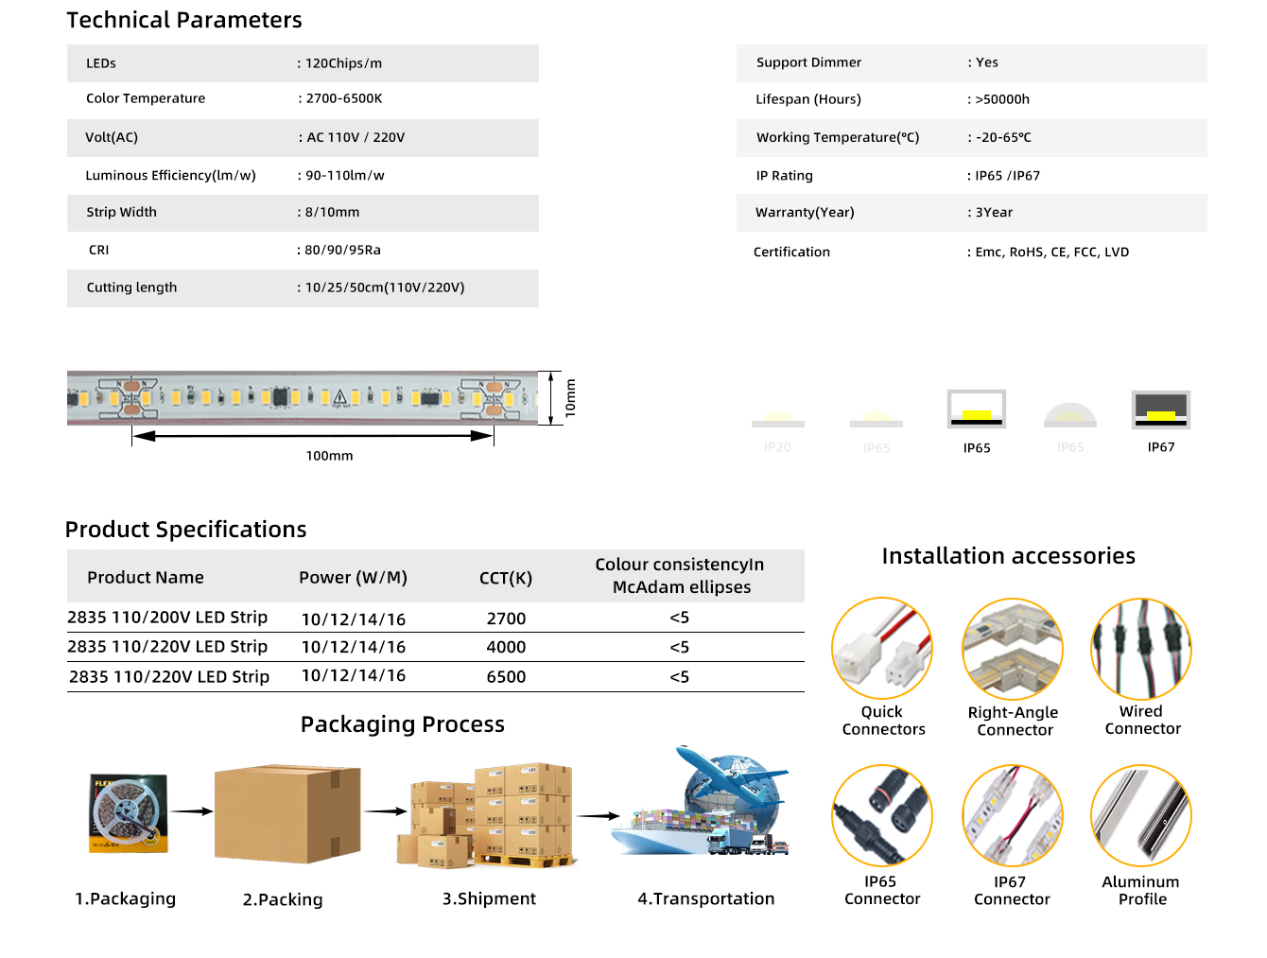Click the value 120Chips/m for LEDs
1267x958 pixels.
click(x=343, y=63)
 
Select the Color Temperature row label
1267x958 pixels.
click(x=146, y=98)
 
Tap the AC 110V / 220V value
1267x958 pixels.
click(x=356, y=137)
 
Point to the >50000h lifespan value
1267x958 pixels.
click(x=1002, y=99)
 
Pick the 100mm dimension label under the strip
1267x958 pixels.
click(x=329, y=456)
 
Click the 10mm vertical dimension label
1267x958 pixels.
click(x=570, y=398)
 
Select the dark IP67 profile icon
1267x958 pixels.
click(x=1160, y=409)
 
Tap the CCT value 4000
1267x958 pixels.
click(x=506, y=647)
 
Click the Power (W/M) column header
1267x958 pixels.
click(x=353, y=578)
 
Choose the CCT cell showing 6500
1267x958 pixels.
click(x=506, y=677)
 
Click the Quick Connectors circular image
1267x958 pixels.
click(x=882, y=649)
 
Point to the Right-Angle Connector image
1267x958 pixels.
click(x=1013, y=649)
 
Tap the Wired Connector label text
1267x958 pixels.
click(x=1142, y=720)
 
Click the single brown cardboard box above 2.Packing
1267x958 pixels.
click(x=287, y=813)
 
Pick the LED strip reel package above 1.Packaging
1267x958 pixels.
click(x=129, y=813)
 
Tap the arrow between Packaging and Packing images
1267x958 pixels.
click(x=191, y=811)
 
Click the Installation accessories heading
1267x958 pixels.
click(x=1008, y=556)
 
